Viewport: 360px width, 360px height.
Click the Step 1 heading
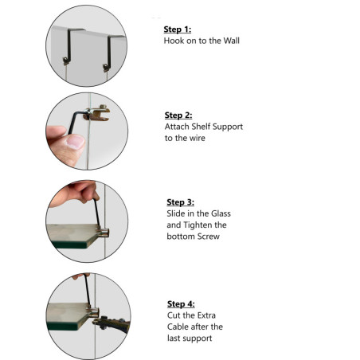[x=178, y=29]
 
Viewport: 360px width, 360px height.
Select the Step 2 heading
[x=178, y=115]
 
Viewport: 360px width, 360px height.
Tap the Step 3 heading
[x=180, y=202]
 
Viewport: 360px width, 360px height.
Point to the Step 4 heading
[x=181, y=304]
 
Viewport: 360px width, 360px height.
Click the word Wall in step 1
[x=231, y=41]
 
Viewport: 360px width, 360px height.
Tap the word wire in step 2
[x=198, y=138]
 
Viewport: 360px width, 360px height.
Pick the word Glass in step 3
[x=221, y=213]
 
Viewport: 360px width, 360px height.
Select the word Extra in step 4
[x=206, y=315]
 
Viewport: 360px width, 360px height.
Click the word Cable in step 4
[x=178, y=327]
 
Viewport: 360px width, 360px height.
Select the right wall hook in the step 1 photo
[x=110, y=53]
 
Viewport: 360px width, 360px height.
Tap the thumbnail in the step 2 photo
[x=76, y=141]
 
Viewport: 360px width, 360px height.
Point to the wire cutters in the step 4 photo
[x=112, y=323]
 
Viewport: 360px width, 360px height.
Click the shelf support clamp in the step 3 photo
[x=103, y=232]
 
